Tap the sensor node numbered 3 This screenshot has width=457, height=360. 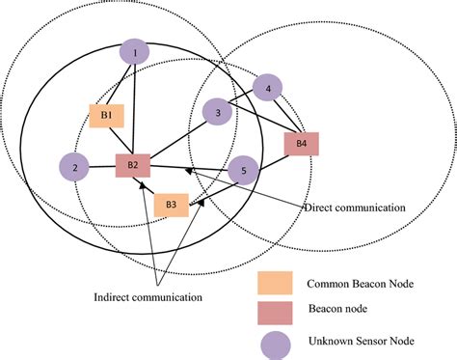[x=219, y=113]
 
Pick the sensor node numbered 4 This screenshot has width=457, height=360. [x=268, y=91]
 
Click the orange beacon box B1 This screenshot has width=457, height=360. [x=108, y=116]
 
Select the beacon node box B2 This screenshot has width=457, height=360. [x=133, y=166]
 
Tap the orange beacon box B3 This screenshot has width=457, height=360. [x=171, y=204]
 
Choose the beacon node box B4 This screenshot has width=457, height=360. [x=302, y=145]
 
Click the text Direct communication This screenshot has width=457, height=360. [x=354, y=208]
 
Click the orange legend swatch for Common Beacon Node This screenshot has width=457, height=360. [x=274, y=284]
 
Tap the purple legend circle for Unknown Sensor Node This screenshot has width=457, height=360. [x=275, y=343]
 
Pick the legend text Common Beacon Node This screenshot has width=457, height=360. [x=359, y=284]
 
